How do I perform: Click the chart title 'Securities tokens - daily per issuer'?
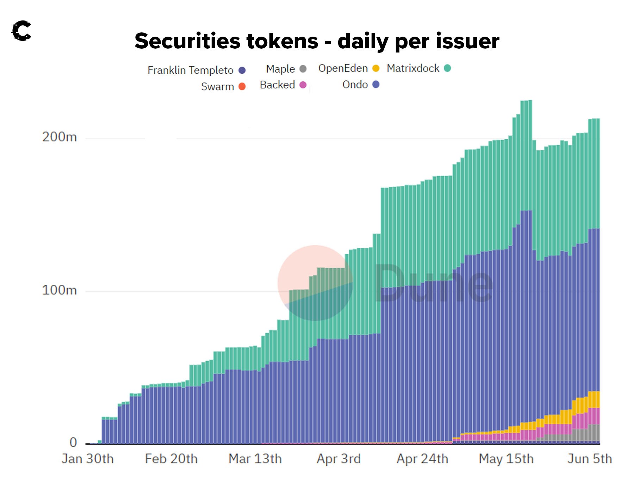click(317, 41)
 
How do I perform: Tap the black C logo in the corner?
click(21, 31)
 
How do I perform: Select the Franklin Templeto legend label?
click(190, 70)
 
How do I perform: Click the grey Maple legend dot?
click(303, 69)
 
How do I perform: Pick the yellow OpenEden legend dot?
click(376, 68)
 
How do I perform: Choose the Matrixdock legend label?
click(413, 68)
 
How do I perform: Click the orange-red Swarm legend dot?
click(242, 86)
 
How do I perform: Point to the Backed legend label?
click(277, 85)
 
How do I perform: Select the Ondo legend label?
click(355, 85)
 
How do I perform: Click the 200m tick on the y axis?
click(59, 137)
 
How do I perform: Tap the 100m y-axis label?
click(59, 290)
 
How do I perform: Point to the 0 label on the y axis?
click(73, 442)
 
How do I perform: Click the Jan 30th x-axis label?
click(87, 459)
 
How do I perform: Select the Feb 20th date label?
click(171, 459)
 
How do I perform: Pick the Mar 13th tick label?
click(255, 459)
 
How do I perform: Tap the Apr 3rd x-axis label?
click(338, 459)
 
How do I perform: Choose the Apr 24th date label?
click(422, 459)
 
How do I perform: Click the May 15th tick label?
click(506, 459)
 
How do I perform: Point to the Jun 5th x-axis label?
click(590, 459)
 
